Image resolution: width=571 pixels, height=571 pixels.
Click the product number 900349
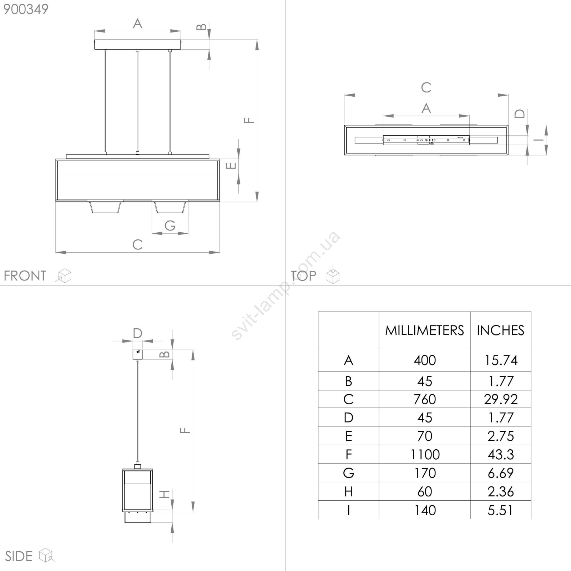click(26, 9)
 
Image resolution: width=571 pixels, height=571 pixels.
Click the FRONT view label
click(25, 276)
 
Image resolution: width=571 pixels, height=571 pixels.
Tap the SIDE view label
click(19, 556)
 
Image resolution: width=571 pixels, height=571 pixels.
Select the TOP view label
click(303, 276)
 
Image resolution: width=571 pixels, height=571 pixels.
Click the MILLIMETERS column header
click(424, 330)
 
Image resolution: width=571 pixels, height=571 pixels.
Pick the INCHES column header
click(500, 330)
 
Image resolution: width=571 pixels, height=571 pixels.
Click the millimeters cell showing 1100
click(425, 454)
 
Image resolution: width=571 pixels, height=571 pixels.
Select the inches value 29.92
click(501, 399)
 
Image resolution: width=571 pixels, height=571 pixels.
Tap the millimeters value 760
click(425, 399)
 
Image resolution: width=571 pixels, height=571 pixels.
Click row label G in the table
click(348, 473)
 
